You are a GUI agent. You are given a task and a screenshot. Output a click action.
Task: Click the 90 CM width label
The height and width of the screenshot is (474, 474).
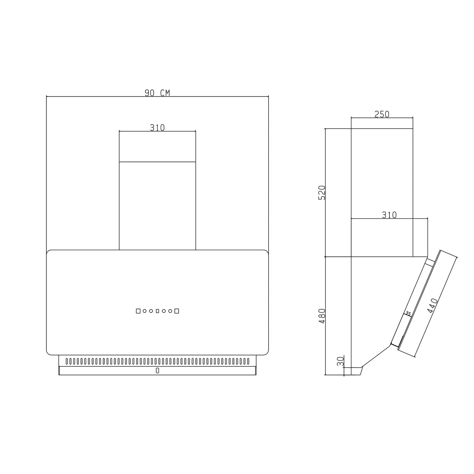click(157, 93)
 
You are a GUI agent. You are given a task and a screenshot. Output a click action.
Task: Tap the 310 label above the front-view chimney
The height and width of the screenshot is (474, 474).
click(157, 128)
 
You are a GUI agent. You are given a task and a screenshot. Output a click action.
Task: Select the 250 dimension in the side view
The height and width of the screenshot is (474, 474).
click(382, 114)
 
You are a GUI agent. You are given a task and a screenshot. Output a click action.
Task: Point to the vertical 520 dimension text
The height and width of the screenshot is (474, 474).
click(322, 193)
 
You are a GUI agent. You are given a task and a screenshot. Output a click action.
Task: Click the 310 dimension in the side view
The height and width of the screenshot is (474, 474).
click(389, 215)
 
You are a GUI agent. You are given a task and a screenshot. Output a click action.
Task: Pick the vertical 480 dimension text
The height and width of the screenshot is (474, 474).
click(322, 316)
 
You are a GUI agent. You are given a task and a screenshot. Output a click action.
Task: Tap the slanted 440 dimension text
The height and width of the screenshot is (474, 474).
click(433, 306)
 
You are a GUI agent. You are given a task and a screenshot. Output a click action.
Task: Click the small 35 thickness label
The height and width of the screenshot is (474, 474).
click(408, 314)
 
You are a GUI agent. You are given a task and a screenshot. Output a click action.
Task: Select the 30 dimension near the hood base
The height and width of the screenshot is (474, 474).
click(341, 361)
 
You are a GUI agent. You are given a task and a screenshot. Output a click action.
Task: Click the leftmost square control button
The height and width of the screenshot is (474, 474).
click(138, 311)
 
